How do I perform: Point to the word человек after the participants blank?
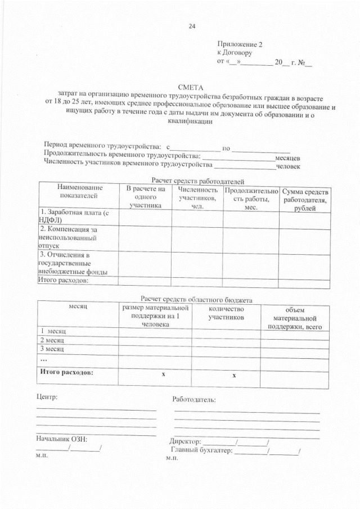tap(287, 166)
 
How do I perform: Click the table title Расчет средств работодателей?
tap(193, 181)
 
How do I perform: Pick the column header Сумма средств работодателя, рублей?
tap(306, 200)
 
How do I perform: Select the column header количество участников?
tap(226, 313)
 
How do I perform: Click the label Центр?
tap(47, 397)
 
